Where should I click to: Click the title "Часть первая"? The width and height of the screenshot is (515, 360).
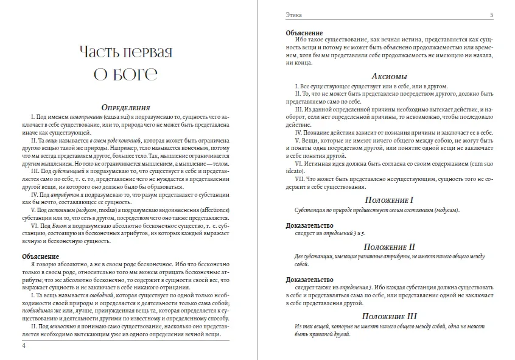coord(125,51)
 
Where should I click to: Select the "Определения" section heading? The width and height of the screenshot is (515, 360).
coord(126,107)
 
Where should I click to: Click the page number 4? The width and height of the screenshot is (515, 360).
coord(23,346)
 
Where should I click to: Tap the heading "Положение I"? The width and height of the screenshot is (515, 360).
coord(388,200)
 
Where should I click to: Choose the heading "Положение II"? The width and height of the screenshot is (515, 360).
coord(388,246)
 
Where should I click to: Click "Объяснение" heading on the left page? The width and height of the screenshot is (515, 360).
coord(41,256)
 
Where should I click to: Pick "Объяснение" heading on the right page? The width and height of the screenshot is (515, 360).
coord(304,33)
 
